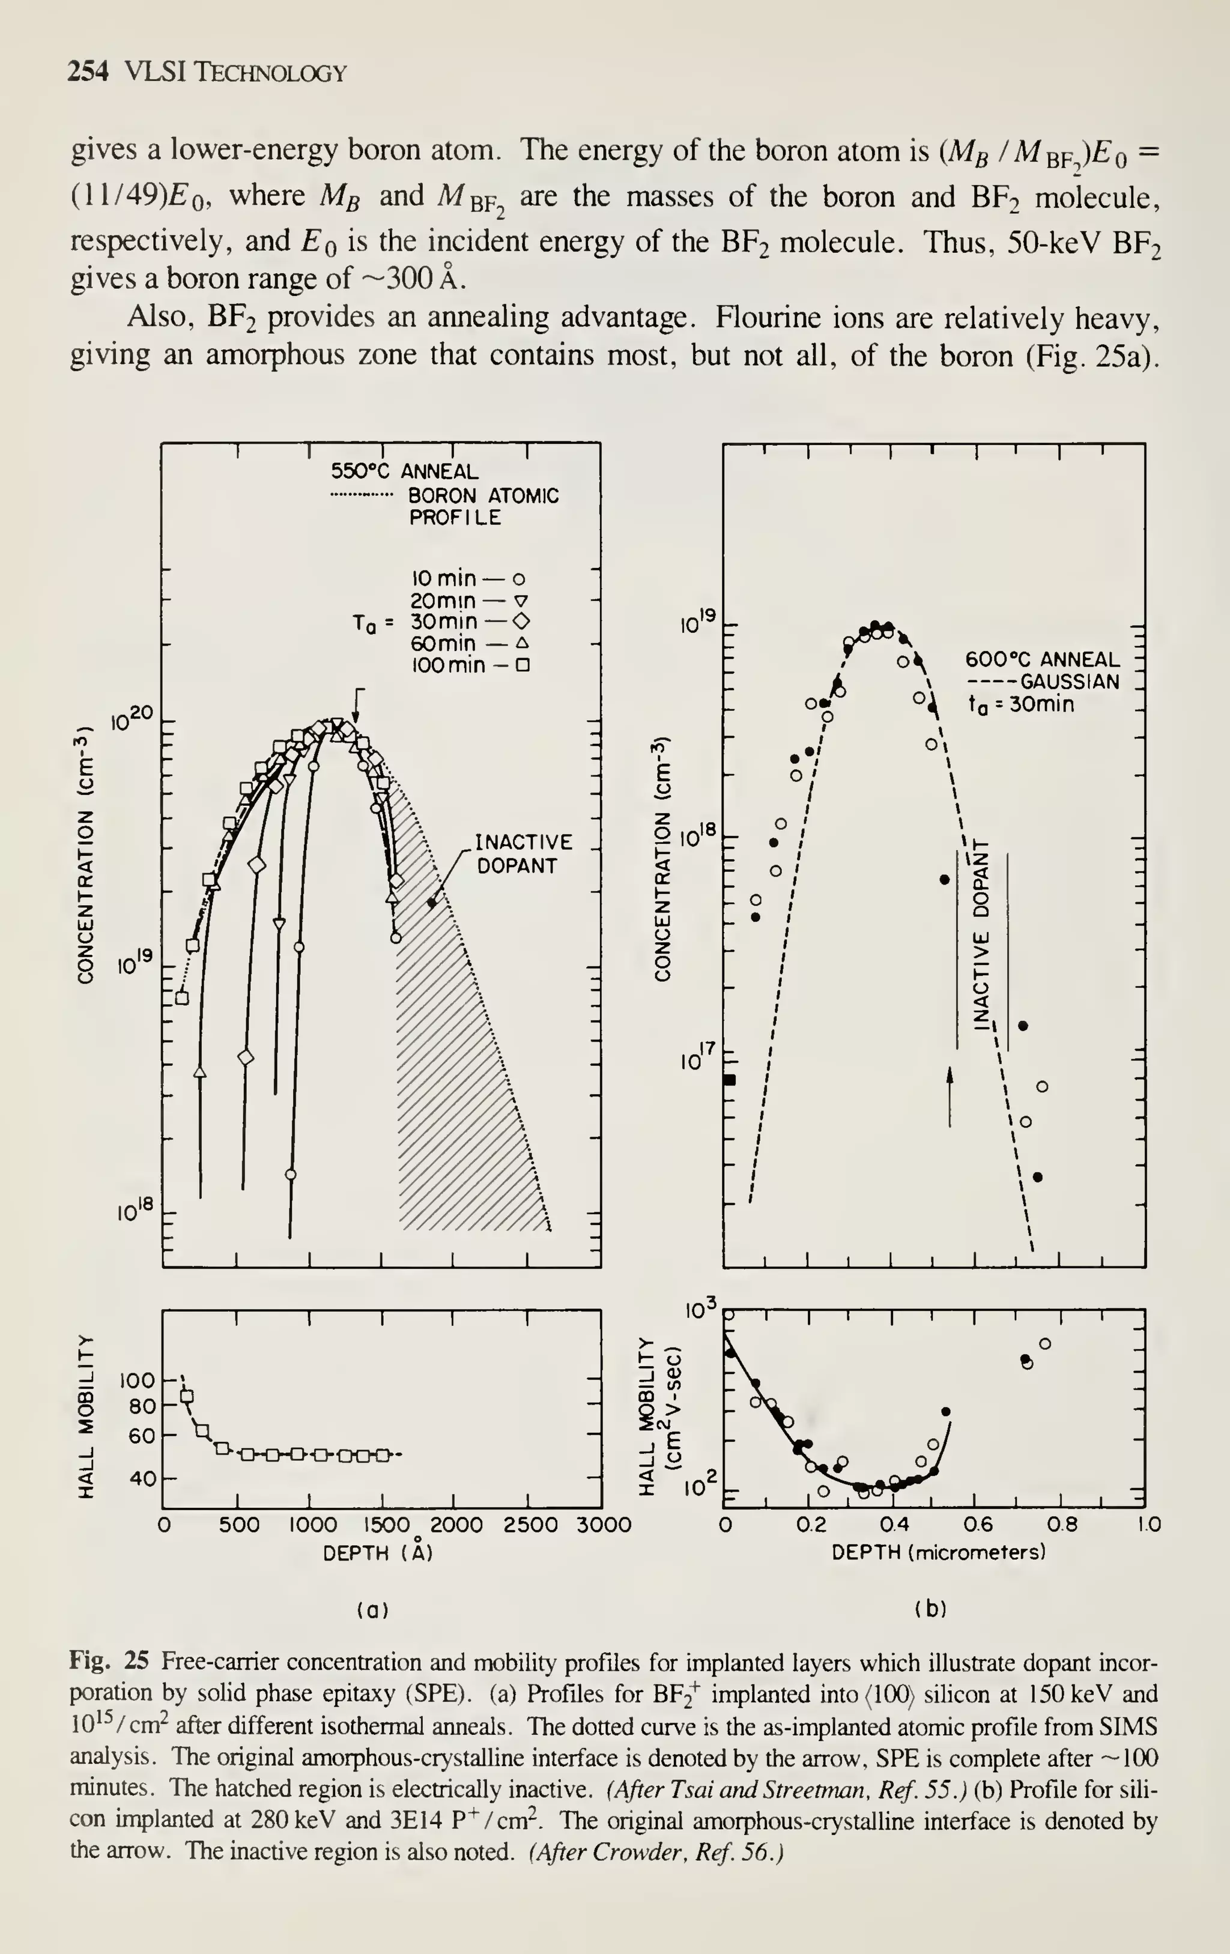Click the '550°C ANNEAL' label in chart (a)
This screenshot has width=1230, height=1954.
coord(404,471)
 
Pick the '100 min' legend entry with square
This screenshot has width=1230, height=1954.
coord(471,665)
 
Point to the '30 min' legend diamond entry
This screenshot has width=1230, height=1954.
coord(471,622)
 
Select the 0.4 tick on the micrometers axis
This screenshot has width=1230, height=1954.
coord(894,1525)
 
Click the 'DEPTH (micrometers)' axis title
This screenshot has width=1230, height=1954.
coord(938,1552)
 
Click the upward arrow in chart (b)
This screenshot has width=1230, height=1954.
coord(950,1095)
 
